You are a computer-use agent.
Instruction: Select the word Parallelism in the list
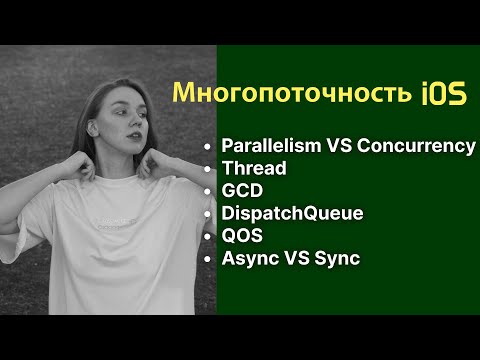pyautogui.click(x=271, y=146)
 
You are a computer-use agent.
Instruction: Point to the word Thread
pyautogui.click(x=253, y=168)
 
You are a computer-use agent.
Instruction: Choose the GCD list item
pyautogui.click(x=243, y=190)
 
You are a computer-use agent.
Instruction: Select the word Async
pyautogui.click(x=251, y=259)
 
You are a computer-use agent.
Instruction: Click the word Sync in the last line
pyautogui.click(x=337, y=259)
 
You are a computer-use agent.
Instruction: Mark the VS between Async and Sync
pyautogui.click(x=297, y=259)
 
